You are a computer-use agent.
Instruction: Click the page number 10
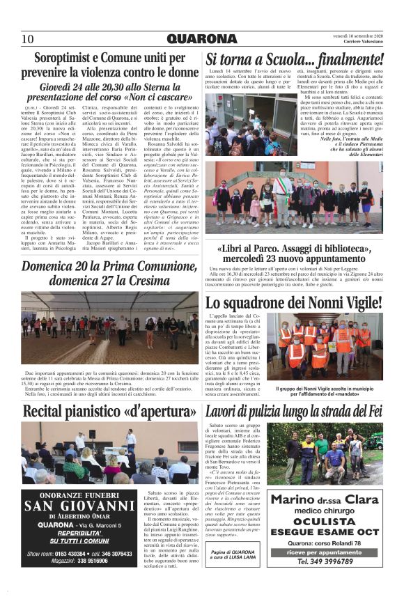(28, 38)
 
